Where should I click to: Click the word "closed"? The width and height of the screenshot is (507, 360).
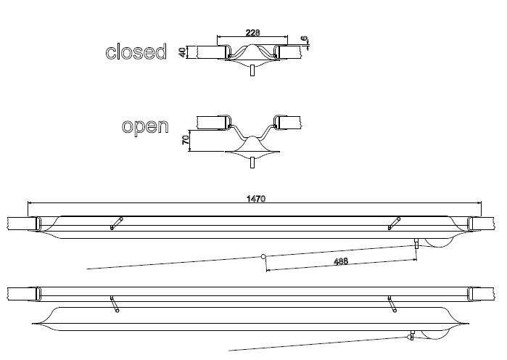(x=136, y=52)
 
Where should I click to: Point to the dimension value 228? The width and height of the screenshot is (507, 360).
(x=252, y=33)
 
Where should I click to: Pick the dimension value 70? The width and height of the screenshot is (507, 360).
(x=186, y=140)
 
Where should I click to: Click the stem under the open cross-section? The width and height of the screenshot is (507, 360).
(x=252, y=162)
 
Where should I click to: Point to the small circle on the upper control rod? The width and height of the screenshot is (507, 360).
(x=264, y=256)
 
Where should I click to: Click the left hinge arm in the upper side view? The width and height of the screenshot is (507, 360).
(x=116, y=223)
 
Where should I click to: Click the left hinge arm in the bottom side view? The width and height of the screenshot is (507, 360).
(x=114, y=304)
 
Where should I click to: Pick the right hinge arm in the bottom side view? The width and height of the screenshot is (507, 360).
(x=392, y=304)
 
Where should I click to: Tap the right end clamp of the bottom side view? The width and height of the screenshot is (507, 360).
(x=472, y=293)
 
